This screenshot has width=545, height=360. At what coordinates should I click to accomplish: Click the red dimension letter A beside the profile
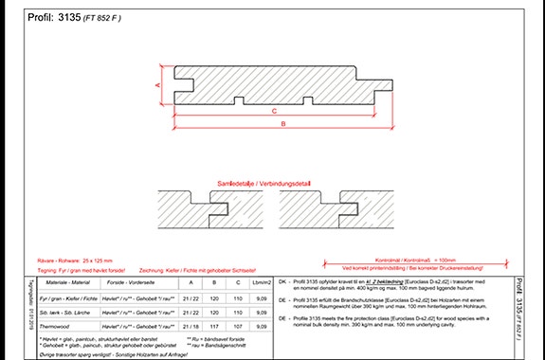click(x=156, y=84)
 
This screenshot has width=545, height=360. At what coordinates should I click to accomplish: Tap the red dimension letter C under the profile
click(x=274, y=111)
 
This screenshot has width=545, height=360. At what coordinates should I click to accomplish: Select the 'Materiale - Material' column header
click(x=66, y=281)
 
